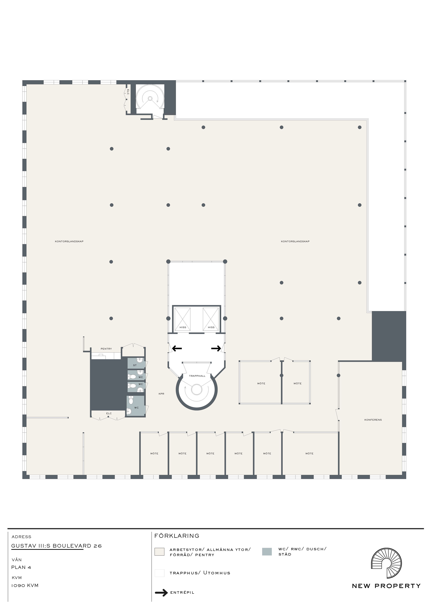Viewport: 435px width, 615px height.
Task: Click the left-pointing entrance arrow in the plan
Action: tap(177, 348)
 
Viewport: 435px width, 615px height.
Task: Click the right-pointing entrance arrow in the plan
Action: tap(216, 348)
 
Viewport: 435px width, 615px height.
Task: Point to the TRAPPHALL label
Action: tap(197, 376)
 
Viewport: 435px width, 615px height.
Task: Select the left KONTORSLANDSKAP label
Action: tap(69, 241)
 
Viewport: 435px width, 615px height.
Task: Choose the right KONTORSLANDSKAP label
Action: tap(295, 241)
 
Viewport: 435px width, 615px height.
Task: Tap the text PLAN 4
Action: tap(21, 567)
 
